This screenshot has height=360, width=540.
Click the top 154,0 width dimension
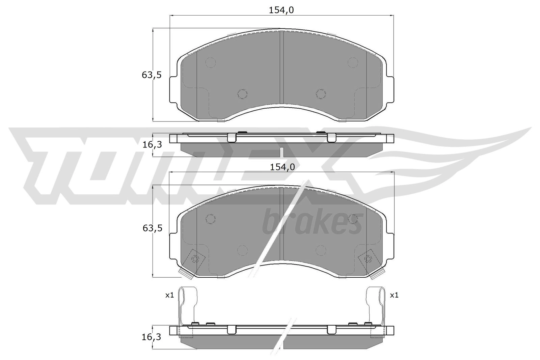click(x=281, y=10)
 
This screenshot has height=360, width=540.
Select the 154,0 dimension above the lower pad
click(x=282, y=167)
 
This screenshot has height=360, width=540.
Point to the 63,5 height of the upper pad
click(x=152, y=75)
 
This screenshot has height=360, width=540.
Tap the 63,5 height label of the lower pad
click(x=152, y=228)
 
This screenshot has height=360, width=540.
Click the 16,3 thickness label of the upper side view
click(x=152, y=145)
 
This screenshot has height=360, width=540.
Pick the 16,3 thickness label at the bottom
click(x=151, y=337)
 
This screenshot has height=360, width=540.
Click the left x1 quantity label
click(x=169, y=295)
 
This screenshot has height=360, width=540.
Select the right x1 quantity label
click(x=394, y=295)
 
